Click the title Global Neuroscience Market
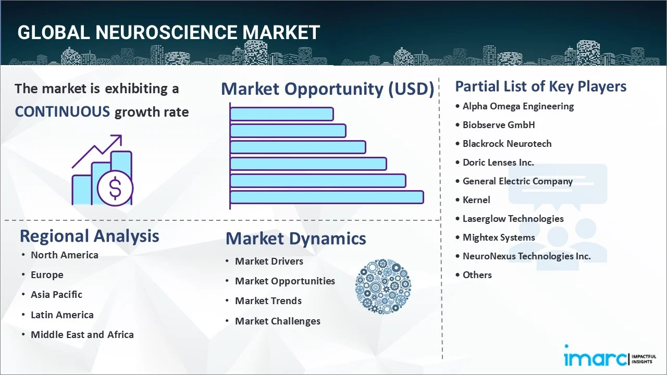pos(168,32)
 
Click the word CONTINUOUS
pos(62,111)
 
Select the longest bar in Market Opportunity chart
pos(326,197)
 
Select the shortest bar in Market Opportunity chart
pos(281,114)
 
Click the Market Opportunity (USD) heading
pos(327,89)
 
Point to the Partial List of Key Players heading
pos(540,86)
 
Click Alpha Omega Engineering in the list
pos(518,106)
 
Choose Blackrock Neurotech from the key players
pos(507,144)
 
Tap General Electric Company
pos(517,181)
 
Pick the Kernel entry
pos(476,200)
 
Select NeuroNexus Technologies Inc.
pos(526,256)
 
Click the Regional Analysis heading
pos(89,236)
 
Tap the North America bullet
pos(64,255)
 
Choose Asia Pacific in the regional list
pos(56,295)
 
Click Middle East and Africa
pos(82,335)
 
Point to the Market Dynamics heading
pos(295,239)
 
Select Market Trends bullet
pos(268,301)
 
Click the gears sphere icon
pos(383,287)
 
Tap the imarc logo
pos(596,358)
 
